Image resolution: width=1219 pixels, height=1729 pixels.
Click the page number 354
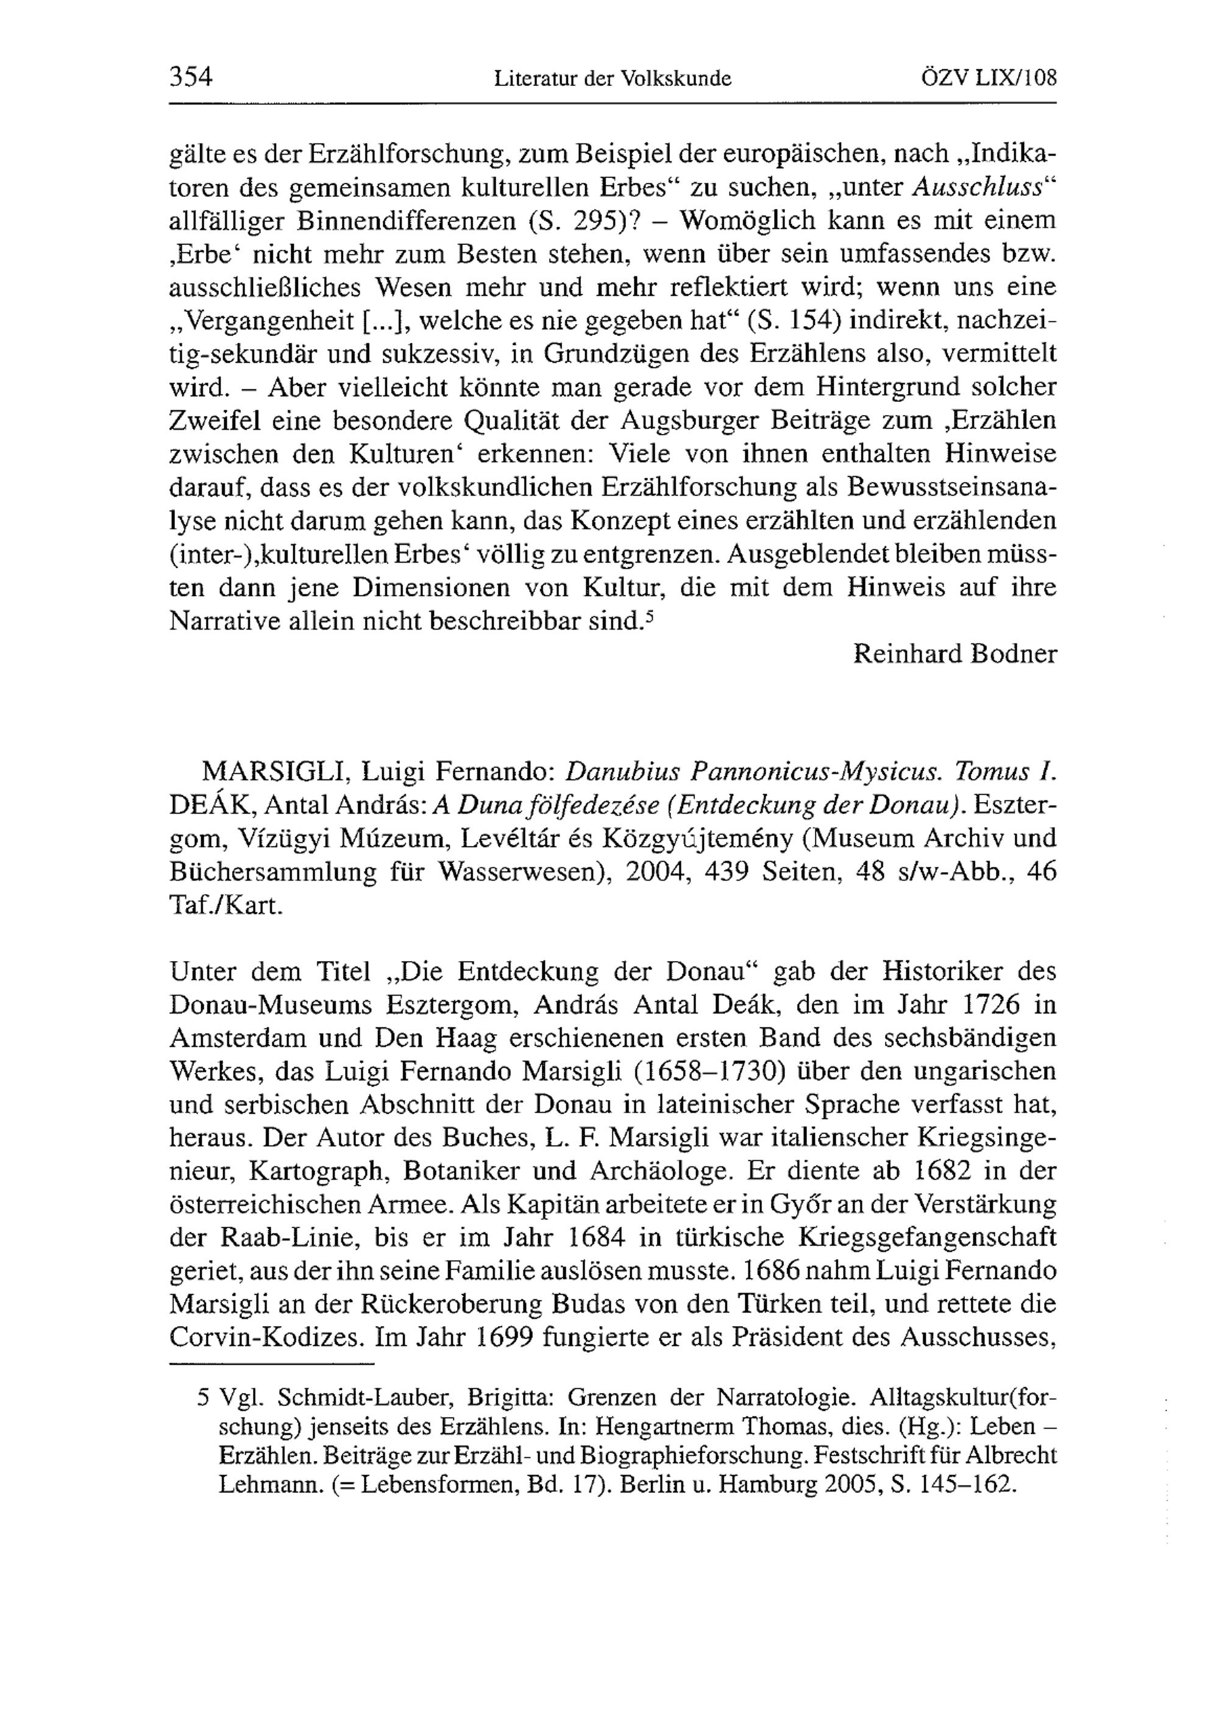click(x=191, y=77)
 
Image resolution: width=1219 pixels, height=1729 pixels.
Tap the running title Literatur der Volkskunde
click(x=612, y=79)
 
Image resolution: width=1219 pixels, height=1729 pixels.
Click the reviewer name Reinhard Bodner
click(x=954, y=654)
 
